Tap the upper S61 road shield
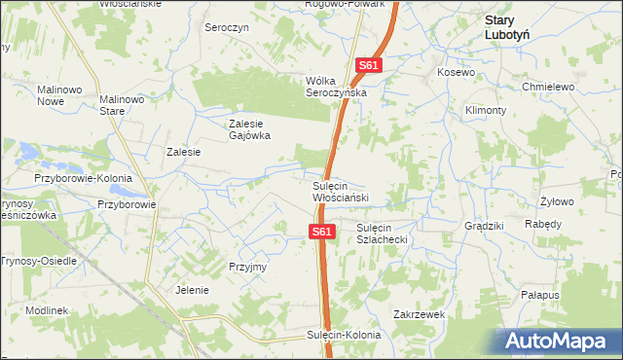pyautogui.click(x=368, y=66)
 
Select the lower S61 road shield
pyautogui.click(x=323, y=232)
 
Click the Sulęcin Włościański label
pyautogui.click(x=340, y=192)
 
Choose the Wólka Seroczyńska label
pyautogui.click(x=335, y=86)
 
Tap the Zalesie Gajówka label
pyautogui.click(x=248, y=129)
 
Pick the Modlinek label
pyautogui.click(x=46, y=309)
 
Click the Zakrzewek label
pyautogui.click(x=419, y=314)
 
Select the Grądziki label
pyautogui.click(x=484, y=226)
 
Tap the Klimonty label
pyautogui.click(x=486, y=110)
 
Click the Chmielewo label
pyautogui.click(x=550, y=87)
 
